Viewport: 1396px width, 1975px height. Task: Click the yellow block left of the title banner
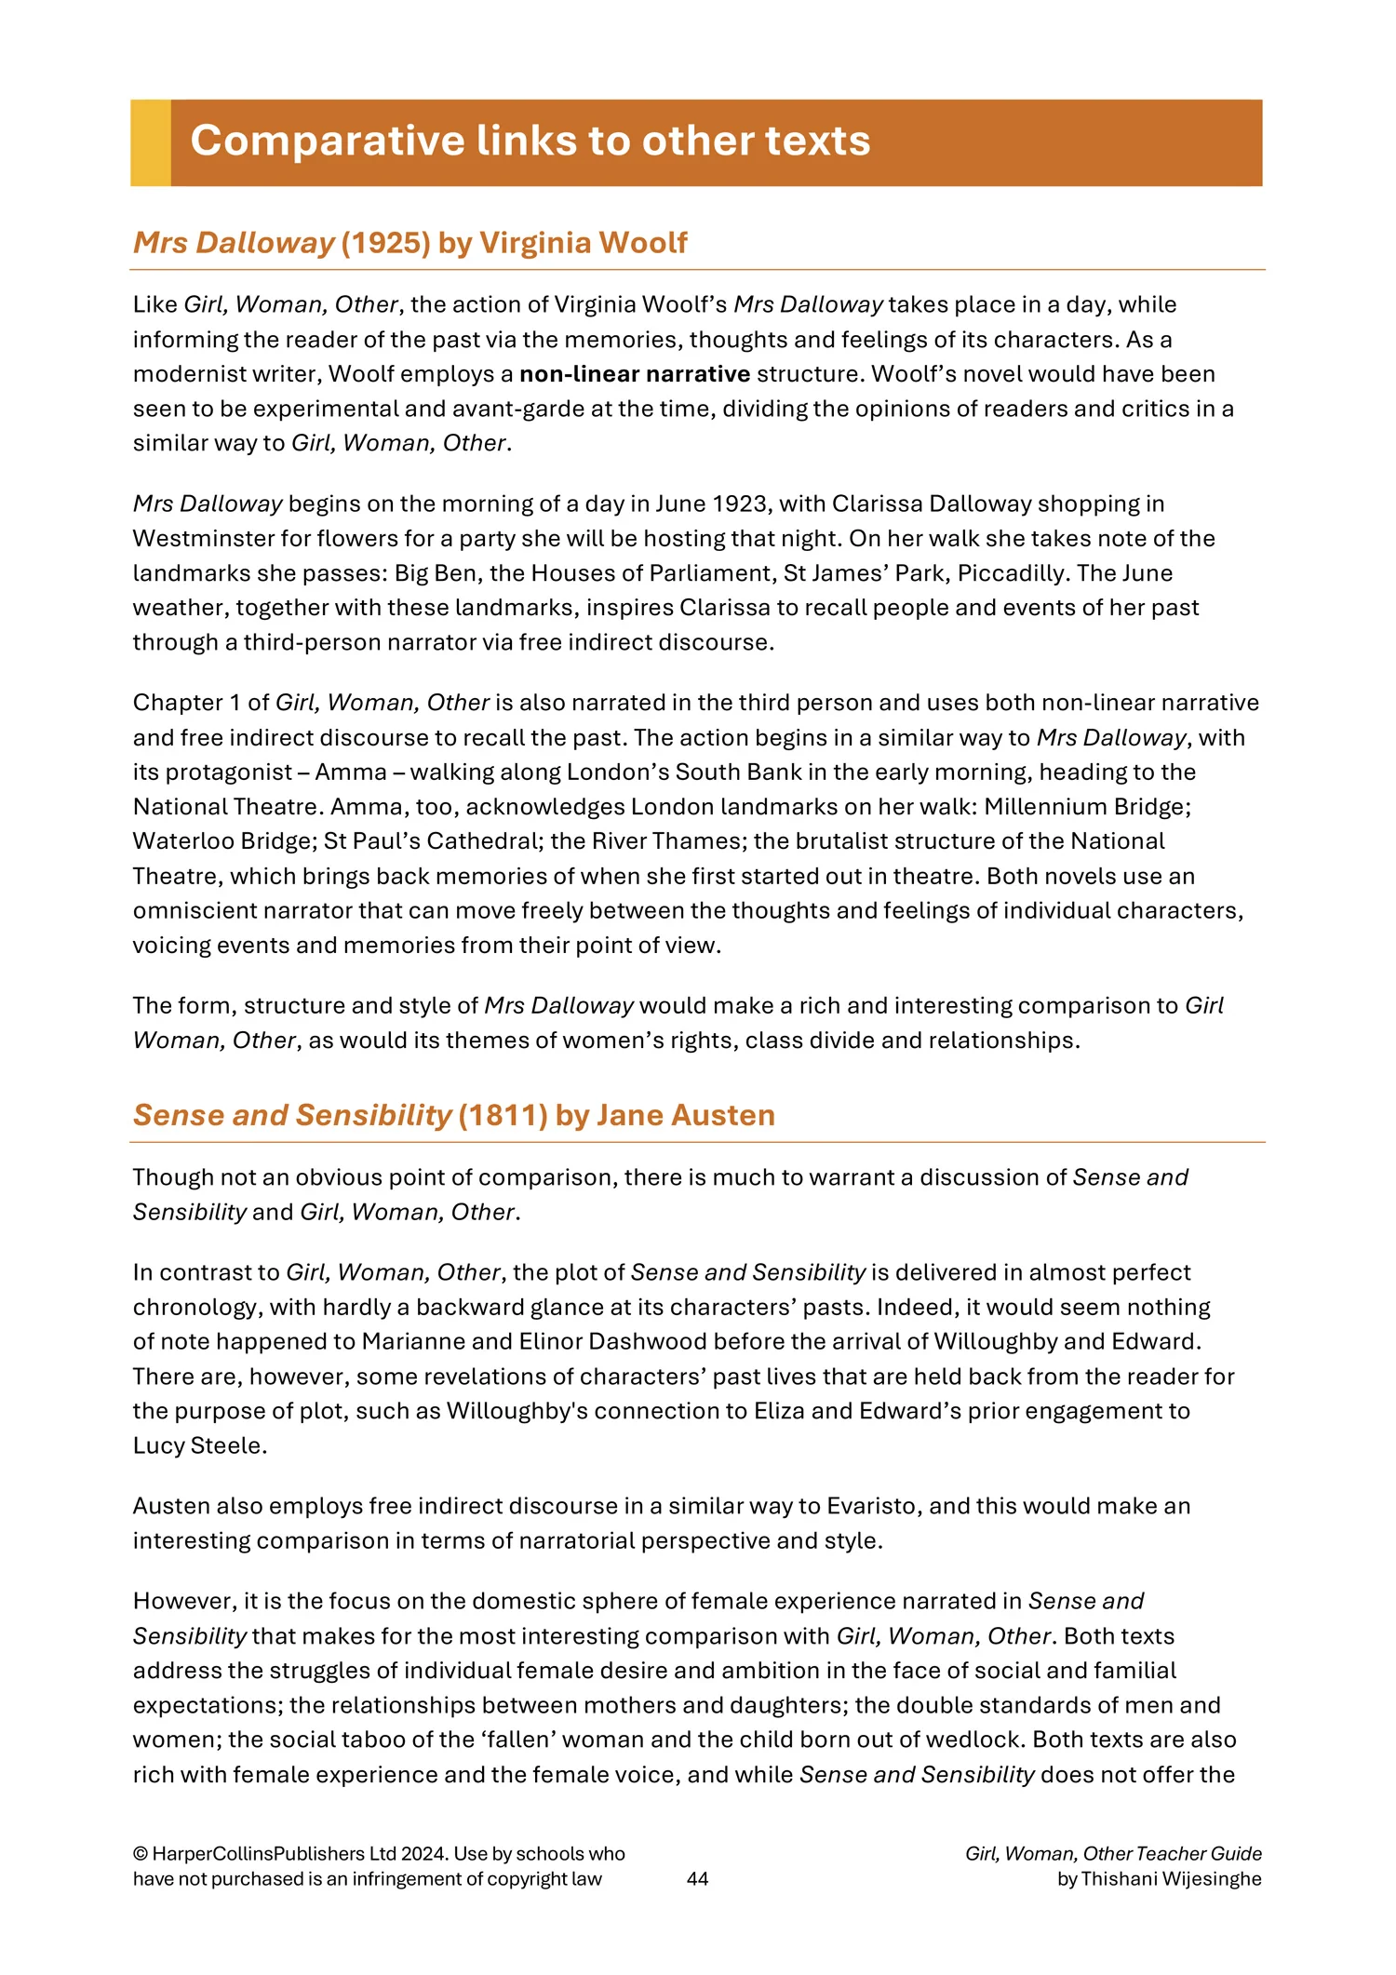point(151,142)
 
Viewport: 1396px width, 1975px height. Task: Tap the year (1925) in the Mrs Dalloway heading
point(385,243)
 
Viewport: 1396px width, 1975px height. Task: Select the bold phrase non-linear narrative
point(634,374)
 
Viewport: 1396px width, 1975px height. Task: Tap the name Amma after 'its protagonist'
point(351,773)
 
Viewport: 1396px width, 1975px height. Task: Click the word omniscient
point(190,910)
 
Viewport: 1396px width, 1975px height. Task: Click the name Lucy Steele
point(199,1445)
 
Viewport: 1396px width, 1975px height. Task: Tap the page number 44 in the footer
point(697,1878)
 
